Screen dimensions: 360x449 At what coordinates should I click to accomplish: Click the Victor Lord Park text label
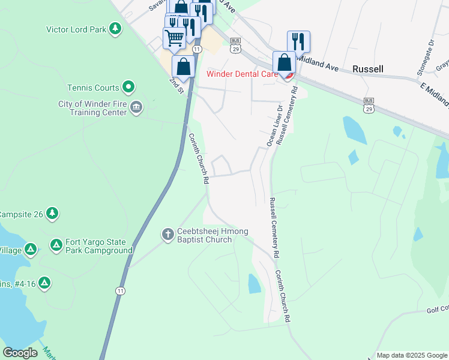click(x=76, y=29)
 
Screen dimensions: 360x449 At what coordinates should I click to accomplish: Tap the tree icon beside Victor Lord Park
click(x=115, y=28)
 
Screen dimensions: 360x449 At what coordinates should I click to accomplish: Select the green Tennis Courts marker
click(x=128, y=88)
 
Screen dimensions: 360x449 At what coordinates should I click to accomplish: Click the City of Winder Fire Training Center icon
click(x=136, y=107)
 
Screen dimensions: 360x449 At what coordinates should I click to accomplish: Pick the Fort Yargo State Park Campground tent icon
click(x=56, y=245)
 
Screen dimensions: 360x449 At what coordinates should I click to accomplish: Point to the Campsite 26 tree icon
click(x=53, y=213)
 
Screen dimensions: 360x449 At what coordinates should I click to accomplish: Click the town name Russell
click(x=368, y=69)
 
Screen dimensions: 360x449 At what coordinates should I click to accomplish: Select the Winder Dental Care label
click(x=242, y=74)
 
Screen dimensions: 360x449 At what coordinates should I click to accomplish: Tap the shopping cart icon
click(x=174, y=38)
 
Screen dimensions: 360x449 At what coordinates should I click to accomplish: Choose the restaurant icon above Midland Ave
click(x=298, y=41)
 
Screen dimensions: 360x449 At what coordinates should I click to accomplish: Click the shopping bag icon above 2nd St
click(x=184, y=66)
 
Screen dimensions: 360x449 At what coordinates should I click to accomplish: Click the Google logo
click(x=20, y=353)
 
